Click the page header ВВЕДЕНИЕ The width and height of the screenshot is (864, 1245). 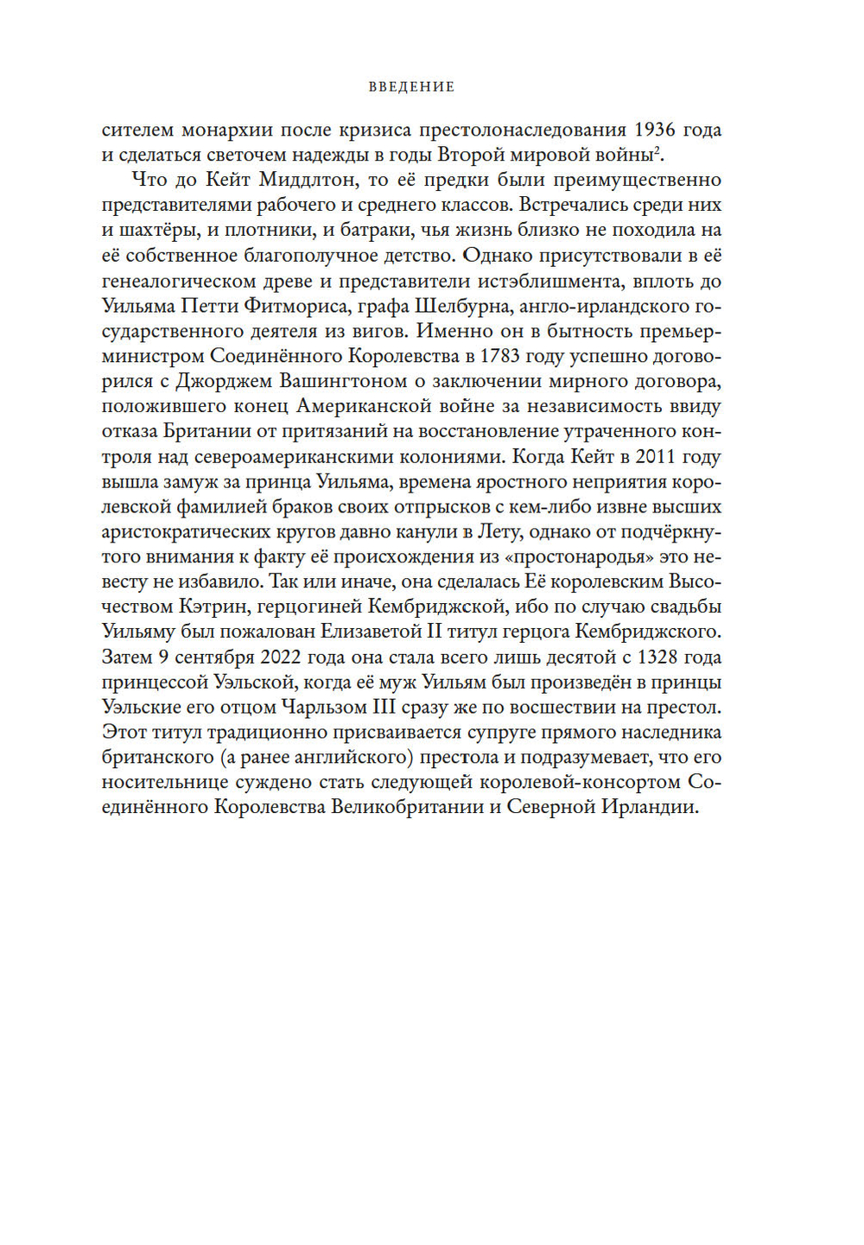point(411,86)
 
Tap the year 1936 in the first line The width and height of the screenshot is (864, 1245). point(654,130)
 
